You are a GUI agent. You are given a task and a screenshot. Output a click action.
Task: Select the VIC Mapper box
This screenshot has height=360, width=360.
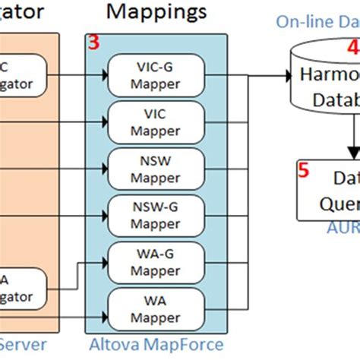pyautogui.click(x=155, y=120)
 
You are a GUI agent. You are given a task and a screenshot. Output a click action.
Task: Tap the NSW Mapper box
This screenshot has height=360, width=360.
pyautogui.click(x=155, y=167)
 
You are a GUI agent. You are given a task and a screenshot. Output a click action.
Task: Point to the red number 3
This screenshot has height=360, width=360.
pyautogui.click(x=93, y=44)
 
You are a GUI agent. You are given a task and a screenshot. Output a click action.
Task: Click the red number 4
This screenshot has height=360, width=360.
pyautogui.click(x=353, y=48)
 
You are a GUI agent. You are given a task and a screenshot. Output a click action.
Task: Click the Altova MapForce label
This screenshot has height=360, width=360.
pyautogui.click(x=155, y=346)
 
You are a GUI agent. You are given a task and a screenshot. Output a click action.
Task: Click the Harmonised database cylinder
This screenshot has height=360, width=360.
pyautogui.click(x=327, y=84)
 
